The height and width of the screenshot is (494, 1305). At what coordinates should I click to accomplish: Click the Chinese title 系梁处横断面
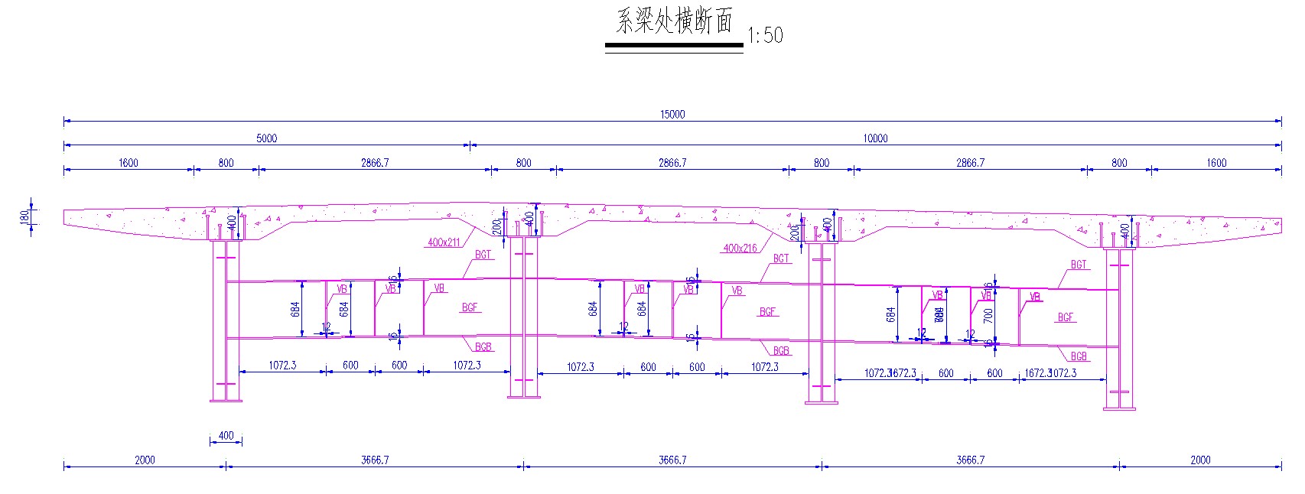tap(674, 21)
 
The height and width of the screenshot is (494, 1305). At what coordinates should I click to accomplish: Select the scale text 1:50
tap(765, 34)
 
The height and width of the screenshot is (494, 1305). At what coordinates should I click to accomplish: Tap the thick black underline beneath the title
tap(674, 45)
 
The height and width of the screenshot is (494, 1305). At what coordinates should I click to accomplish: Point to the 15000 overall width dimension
tap(672, 114)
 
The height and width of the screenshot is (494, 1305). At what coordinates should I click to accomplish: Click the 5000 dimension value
tap(266, 138)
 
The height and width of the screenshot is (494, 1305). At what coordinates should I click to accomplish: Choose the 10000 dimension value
tap(875, 138)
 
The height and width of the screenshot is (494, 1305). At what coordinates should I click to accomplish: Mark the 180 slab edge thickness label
tap(23, 218)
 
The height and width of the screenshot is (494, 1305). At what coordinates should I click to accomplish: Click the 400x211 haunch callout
tap(444, 242)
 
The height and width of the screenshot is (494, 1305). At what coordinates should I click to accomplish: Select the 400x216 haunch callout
tap(740, 248)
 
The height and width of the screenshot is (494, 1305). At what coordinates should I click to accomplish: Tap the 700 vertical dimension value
tap(988, 314)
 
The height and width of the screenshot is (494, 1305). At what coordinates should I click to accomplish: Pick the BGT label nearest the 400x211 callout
tap(483, 255)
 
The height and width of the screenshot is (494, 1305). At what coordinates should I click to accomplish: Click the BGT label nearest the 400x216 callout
tap(780, 258)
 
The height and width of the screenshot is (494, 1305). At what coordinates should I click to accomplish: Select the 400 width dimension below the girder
tap(226, 436)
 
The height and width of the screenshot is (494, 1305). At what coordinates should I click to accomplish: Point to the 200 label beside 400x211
tap(496, 227)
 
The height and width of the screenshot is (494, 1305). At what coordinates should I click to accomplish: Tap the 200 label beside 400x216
tap(793, 232)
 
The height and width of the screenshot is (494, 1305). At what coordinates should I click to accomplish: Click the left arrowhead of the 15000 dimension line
tap(67, 121)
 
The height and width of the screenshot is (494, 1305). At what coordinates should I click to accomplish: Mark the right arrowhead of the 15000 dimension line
tap(1279, 121)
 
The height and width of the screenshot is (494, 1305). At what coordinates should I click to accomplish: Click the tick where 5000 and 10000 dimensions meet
tap(470, 145)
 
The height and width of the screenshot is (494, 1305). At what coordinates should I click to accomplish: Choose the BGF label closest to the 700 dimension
tap(1065, 317)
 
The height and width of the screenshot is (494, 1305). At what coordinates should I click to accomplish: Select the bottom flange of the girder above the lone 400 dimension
tap(226, 400)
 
